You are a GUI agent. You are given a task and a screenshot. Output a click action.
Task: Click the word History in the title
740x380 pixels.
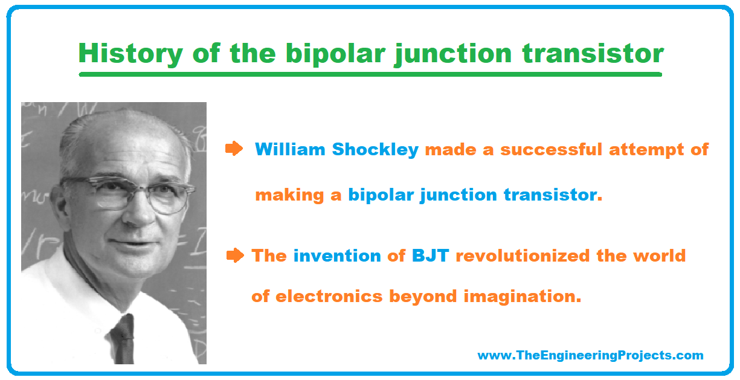(130, 54)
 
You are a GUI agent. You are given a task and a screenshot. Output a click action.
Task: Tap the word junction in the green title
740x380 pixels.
(453, 54)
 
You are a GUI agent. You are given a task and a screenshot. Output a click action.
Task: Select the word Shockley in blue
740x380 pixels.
(375, 150)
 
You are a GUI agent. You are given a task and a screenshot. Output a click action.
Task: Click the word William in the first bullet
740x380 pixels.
(290, 149)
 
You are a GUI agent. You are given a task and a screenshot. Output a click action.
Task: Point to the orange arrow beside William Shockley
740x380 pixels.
(234, 149)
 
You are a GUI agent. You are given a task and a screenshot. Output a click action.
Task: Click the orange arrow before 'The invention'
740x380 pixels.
(235, 256)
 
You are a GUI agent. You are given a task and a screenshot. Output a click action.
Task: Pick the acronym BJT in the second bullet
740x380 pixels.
(430, 256)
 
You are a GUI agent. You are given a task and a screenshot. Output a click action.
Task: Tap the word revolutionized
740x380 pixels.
(523, 256)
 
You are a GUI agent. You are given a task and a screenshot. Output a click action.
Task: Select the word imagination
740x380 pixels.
(523, 296)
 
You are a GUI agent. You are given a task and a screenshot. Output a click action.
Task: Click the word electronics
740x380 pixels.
(329, 297)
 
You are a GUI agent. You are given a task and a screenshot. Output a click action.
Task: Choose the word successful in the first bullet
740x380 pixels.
(552, 149)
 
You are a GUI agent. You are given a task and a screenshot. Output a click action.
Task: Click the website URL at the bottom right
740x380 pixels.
(590, 355)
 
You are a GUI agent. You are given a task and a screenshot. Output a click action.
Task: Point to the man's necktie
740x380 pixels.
(123, 339)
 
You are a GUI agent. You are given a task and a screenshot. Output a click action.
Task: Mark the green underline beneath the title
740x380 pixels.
(370, 74)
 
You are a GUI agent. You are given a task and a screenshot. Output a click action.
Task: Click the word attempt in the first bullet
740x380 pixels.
(646, 150)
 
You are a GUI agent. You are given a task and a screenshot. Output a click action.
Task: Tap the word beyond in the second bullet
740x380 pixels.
(423, 296)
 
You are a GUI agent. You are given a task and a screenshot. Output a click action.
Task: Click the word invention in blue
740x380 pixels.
(337, 256)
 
